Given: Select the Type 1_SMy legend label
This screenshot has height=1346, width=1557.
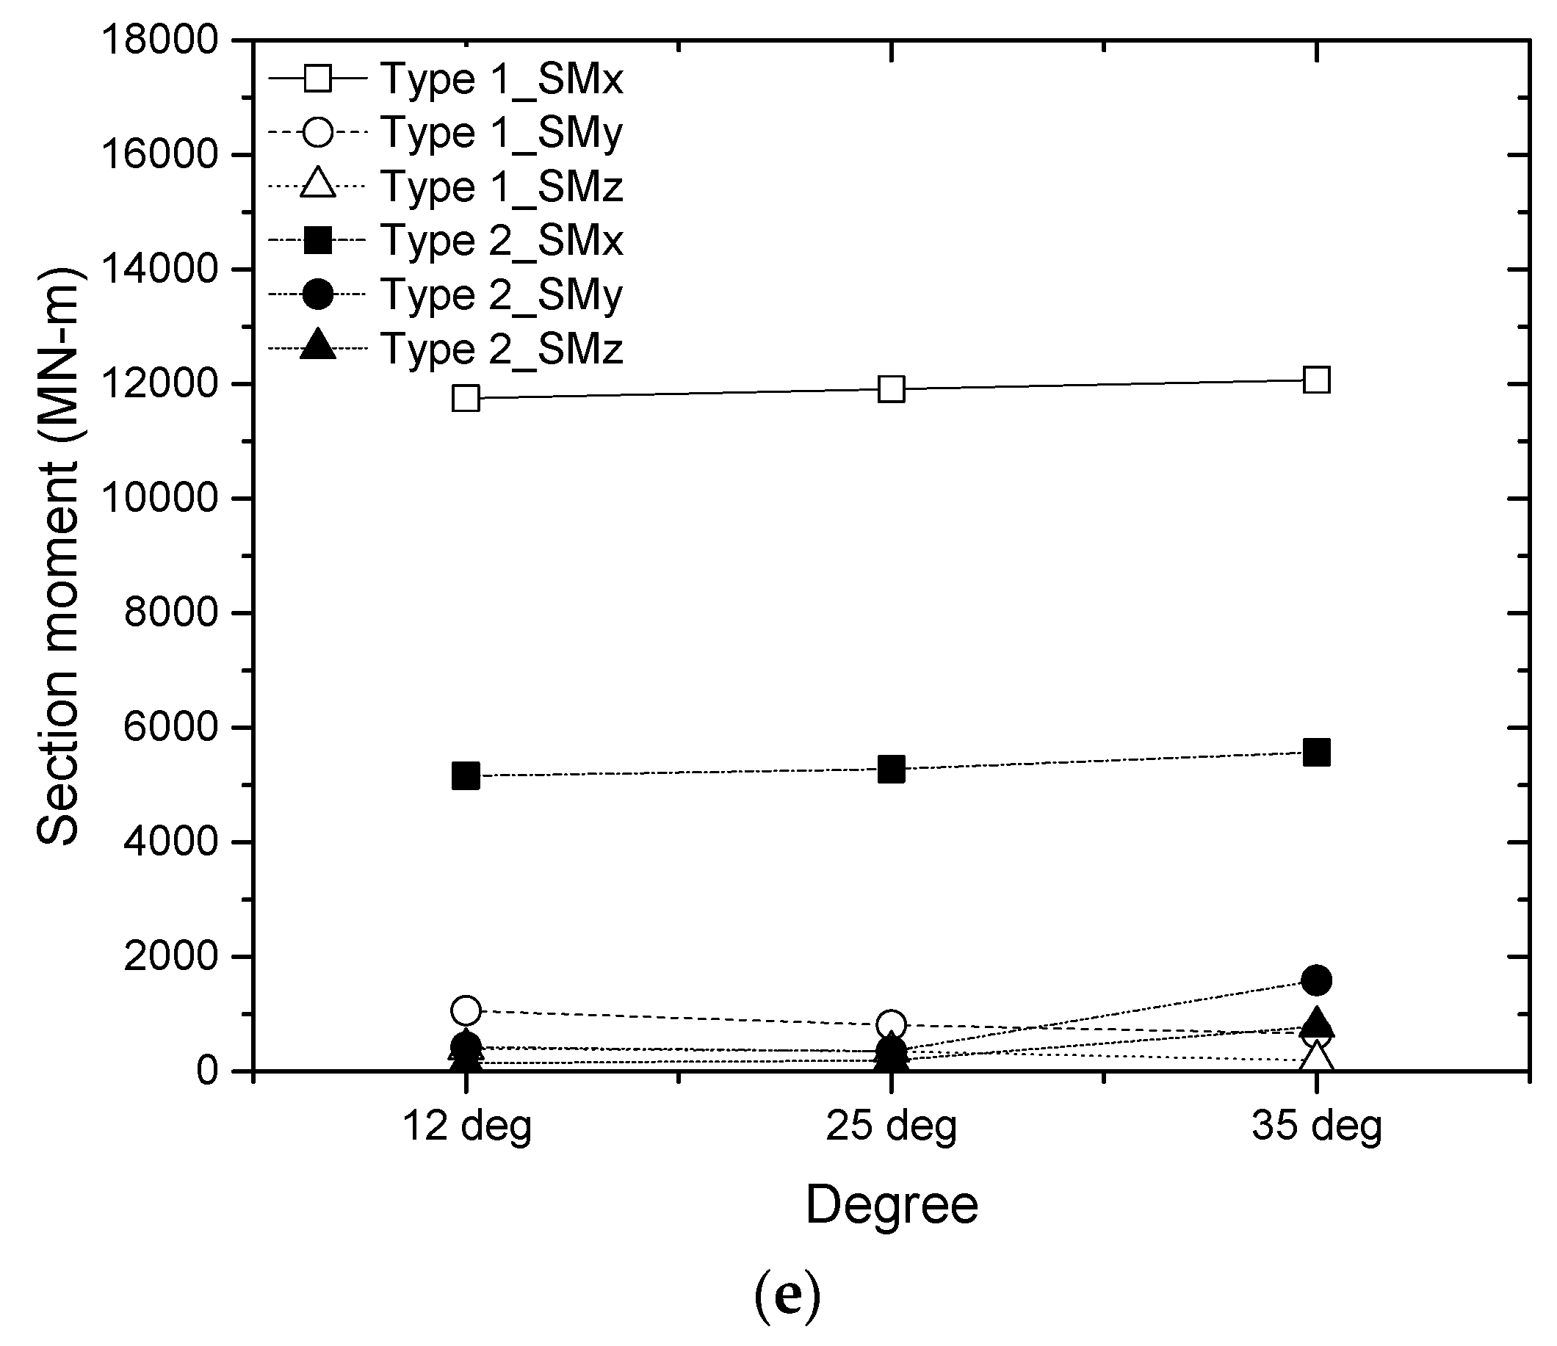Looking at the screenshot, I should pos(501,134).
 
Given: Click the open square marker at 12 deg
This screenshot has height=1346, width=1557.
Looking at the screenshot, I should pos(466,398).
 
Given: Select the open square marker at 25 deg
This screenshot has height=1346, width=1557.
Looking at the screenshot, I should pos(891,389).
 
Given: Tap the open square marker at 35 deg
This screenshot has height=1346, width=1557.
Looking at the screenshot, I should pos(1317,380).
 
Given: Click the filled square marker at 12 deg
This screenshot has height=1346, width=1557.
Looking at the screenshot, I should pos(466,775).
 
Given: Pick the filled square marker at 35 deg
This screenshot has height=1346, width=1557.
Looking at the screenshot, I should pos(1317,752).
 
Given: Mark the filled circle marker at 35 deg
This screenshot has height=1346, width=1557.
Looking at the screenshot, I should pos(1317,980).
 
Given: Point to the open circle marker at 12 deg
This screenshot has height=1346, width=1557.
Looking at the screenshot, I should pos(466,1011).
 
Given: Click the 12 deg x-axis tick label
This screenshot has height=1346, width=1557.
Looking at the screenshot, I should pos(466,1127).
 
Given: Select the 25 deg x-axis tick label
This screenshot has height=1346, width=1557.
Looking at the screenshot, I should pos(891,1127).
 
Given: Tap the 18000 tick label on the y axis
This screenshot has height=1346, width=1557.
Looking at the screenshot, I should pos(160,40).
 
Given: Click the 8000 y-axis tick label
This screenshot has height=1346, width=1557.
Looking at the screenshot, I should pos(170,613).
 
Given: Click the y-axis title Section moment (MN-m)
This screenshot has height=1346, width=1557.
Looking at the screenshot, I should pos(59,556).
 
